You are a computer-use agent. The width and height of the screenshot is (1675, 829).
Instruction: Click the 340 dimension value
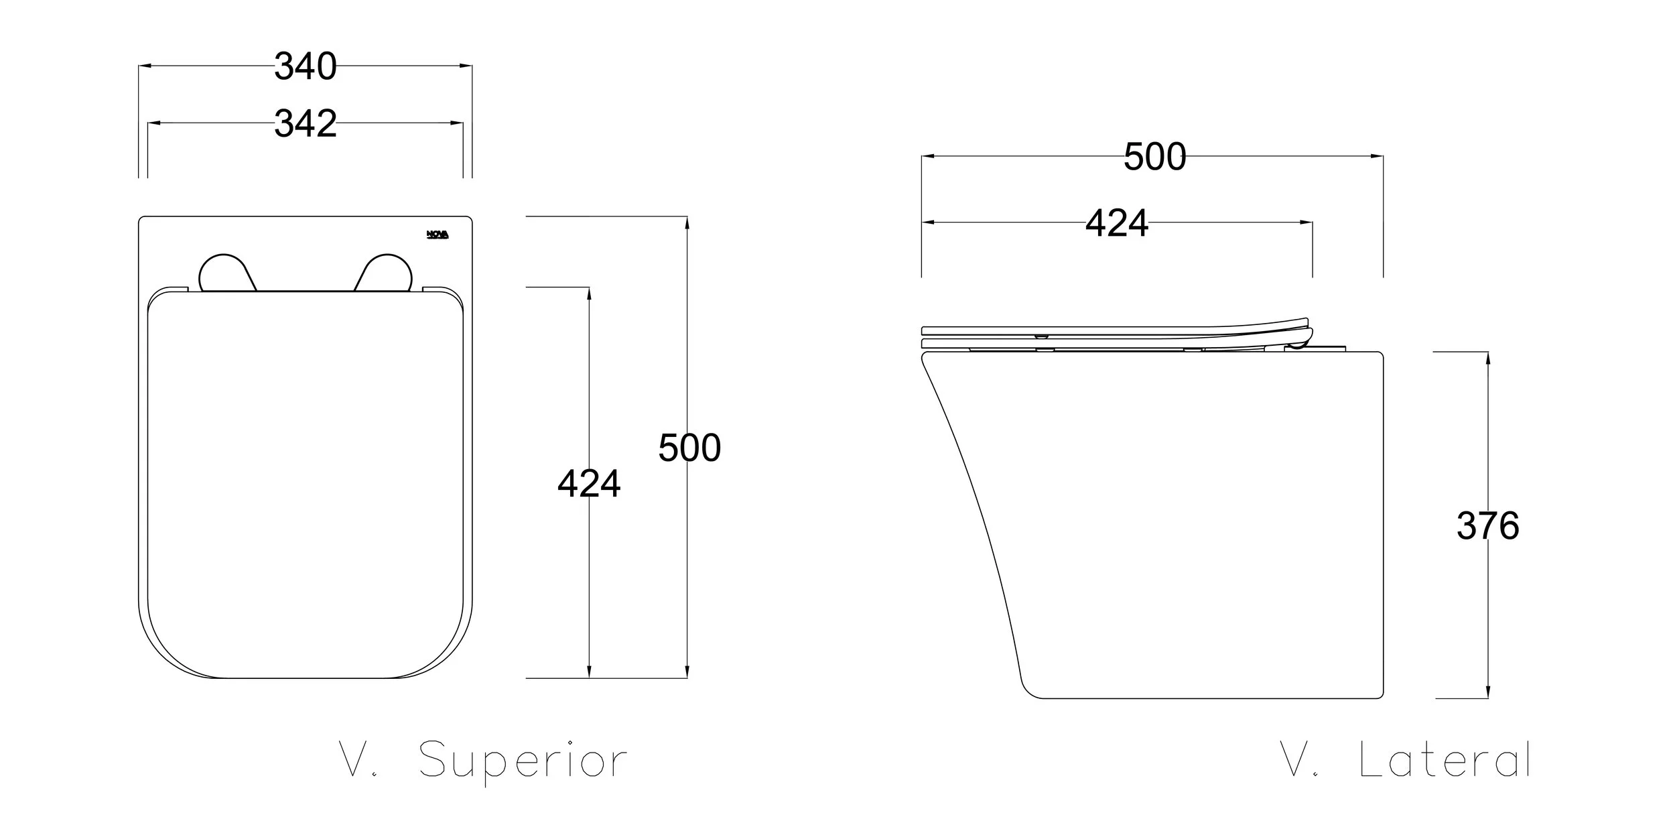306,66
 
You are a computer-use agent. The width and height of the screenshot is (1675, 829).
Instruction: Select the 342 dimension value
306,123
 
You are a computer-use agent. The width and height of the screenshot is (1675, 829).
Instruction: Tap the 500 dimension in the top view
689,448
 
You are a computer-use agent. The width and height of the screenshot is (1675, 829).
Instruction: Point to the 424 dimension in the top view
589,483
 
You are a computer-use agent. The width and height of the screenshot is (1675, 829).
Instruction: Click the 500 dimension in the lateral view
1154,157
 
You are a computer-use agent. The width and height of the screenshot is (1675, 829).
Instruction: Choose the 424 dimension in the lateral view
1117,222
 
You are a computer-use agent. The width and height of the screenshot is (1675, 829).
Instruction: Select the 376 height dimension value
1487,525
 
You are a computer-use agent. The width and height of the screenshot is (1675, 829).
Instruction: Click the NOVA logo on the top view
438,235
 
